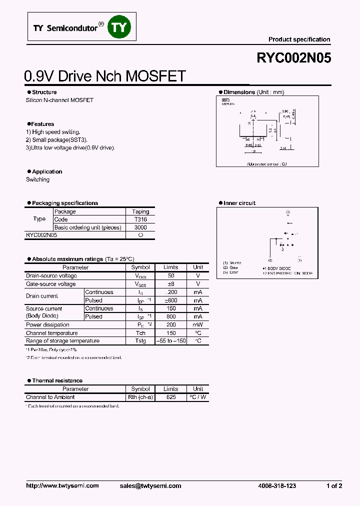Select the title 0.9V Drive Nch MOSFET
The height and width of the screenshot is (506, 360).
pyautogui.click(x=105, y=76)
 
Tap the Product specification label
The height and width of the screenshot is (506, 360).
pyautogui.click(x=299, y=39)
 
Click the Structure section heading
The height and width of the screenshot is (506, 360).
pyautogui.click(x=44, y=92)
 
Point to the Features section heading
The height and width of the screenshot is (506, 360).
pyautogui.click(x=42, y=124)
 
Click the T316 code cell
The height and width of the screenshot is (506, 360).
pyautogui.click(x=140, y=219)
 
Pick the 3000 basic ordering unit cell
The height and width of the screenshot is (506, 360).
pyautogui.click(x=140, y=227)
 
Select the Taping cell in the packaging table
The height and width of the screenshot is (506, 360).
pyautogui.click(x=140, y=211)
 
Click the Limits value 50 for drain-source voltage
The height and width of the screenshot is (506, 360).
pyautogui.click(x=170, y=276)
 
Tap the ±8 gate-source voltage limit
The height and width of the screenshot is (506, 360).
pyautogui.click(x=170, y=284)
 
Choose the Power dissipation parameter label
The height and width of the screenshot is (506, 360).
pyautogui.click(x=47, y=325)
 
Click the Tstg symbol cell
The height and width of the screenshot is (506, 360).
pyautogui.click(x=140, y=341)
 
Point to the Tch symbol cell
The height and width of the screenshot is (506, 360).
pyautogui.click(x=140, y=333)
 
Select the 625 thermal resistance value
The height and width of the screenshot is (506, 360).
pyautogui.click(x=170, y=397)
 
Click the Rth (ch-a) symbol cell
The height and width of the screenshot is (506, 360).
pyautogui.click(x=140, y=397)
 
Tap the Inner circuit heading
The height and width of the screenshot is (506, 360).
pyautogui.click(x=239, y=203)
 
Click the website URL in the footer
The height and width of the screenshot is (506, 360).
pyautogui.click(x=62, y=485)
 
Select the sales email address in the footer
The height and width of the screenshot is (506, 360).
pyautogui.click(x=150, y=485)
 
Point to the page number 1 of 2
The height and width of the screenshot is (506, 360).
pyautogui.click(x=334, y=485)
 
